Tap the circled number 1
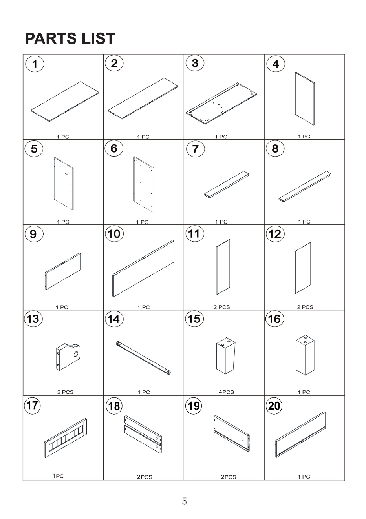point(35,64)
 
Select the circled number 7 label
point(196,149)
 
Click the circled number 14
point(114,319)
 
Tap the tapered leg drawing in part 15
point(225,357)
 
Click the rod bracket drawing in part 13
point(68,357)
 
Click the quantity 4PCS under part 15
point(226,392)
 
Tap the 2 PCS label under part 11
point(222,307)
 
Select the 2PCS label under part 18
point(145,477)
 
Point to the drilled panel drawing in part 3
point(221,103)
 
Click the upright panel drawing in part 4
point(305,99)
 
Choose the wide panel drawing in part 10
point(143,269)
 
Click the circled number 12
point(275,234)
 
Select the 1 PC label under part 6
point(142,222)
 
